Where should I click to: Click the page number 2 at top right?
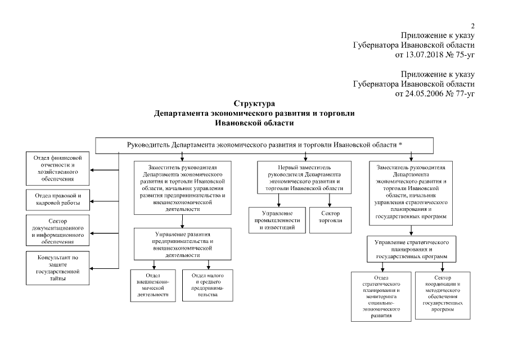pyautogui.click(x=473, y=26)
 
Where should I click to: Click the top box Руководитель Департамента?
pyautogui.click(x=264, y=145)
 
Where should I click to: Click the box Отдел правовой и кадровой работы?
pyautogui.click(x=58, y=199)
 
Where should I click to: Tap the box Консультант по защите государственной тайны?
pyautogui.click(x=58, y=268)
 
